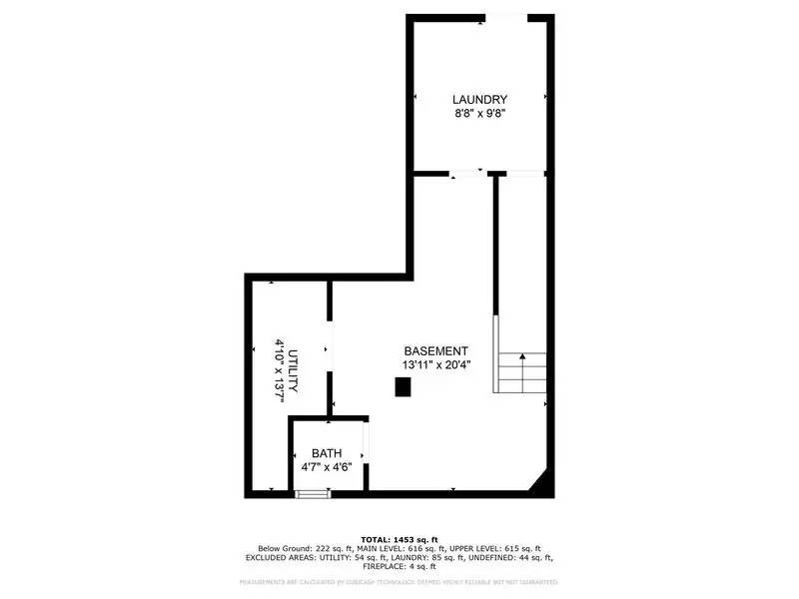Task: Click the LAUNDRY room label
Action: [479, 100]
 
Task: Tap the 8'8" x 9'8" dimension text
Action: [479, 114]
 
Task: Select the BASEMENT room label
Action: [435, 351]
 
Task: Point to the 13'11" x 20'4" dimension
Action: [435, 365]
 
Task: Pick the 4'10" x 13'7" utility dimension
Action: [280, 370]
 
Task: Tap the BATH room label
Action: [327, 453]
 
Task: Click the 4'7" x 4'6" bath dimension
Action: [327, 467]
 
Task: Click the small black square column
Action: [402, 390]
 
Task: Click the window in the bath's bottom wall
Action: [313, 492]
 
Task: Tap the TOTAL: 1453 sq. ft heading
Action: [399, 539]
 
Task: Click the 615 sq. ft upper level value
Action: [519, 548]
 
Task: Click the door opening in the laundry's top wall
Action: [506, 18]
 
